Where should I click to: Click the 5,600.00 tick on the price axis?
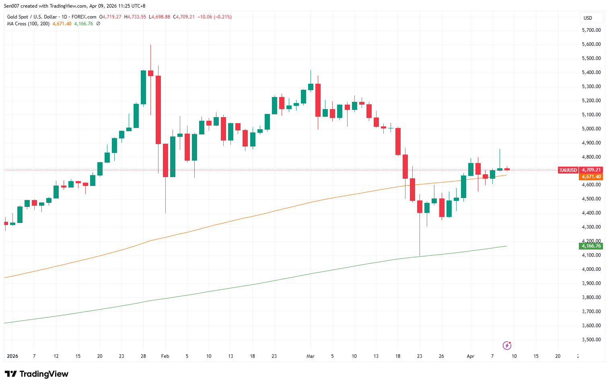point(591,44)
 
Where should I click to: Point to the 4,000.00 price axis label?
point(591,269)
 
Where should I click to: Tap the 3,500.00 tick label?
point(591,340)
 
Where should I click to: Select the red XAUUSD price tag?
point(568,170)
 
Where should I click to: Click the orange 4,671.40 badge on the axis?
point(591,177)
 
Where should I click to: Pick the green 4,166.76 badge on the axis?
point(591,246)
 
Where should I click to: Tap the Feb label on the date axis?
point(165,356)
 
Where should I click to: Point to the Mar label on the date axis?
point(310,356)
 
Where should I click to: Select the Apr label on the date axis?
point(470,356)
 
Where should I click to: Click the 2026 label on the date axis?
point(12,356)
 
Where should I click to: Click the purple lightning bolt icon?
point(507,345)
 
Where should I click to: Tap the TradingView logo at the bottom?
point(37,374)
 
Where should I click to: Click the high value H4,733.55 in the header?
point(135,17)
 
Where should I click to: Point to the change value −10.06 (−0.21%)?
point(217,17)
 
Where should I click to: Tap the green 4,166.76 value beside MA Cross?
point(84,24)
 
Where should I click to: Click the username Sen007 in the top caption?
point(12,6)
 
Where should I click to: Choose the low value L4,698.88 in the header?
point(160,17)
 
